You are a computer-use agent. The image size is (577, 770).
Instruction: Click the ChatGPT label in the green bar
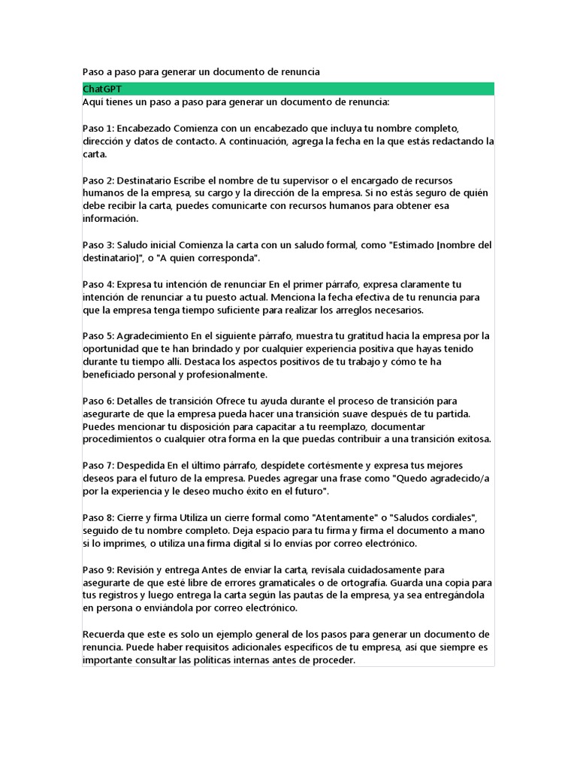[x=102, y=89]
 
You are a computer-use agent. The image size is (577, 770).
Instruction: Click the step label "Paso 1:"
[x=98, y=128]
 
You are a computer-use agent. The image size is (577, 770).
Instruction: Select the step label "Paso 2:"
[x=98, y=180]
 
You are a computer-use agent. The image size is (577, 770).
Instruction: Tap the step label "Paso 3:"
[x=98, y=245]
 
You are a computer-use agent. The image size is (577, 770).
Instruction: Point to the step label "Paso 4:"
[x=98, y=284]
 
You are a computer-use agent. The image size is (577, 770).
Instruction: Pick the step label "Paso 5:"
[x=98, y=336]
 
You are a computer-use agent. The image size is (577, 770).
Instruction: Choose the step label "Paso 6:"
[x=98, y=401]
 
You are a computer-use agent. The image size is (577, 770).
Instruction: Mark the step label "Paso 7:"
[x=98, y=465]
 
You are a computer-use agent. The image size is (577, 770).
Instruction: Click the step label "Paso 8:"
[x=98, y=517]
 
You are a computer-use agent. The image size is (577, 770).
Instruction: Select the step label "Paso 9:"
[x=98, y=570]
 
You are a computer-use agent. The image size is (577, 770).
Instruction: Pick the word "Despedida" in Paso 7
[x=141, y=465]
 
